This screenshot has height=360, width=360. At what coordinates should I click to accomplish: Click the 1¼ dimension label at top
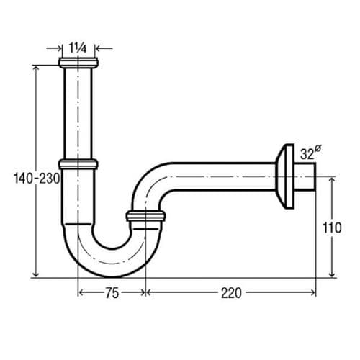pyautogui.click(x=78, y=48)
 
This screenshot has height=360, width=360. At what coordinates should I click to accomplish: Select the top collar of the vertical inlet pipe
pyautogui.click(x=78, y=64)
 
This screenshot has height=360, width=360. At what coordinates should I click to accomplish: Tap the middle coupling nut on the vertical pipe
pyautogui.click(x=78, y=164)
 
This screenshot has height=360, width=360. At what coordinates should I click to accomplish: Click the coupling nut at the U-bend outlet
pyautogui.click(x=145, y=215)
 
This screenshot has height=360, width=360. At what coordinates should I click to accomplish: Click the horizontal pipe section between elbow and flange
pyautogui.click(x=223, y=174)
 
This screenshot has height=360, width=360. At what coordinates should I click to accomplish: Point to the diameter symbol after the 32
pyautogui.click(x=318, y=148)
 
